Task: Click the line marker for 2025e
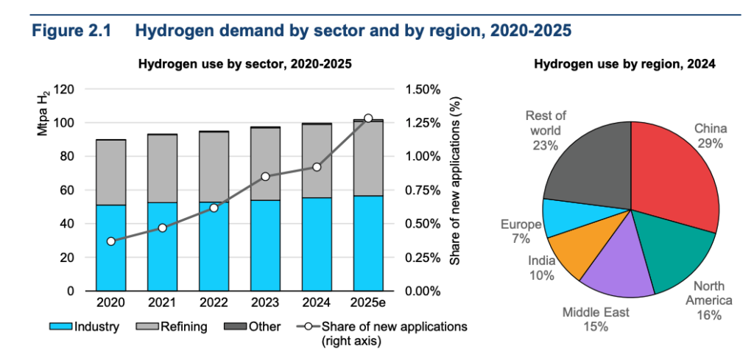(368, 119)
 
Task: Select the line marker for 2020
(110, 241)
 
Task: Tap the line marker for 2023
(265, 177)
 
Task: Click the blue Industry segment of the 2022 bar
(214, 247)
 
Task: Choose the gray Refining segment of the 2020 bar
(110, 172)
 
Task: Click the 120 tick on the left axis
(66, 90)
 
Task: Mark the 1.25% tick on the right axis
(423, 123)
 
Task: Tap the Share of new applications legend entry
(383, 332)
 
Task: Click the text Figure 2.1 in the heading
(69, 32)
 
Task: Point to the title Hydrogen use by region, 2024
(624, 64)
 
